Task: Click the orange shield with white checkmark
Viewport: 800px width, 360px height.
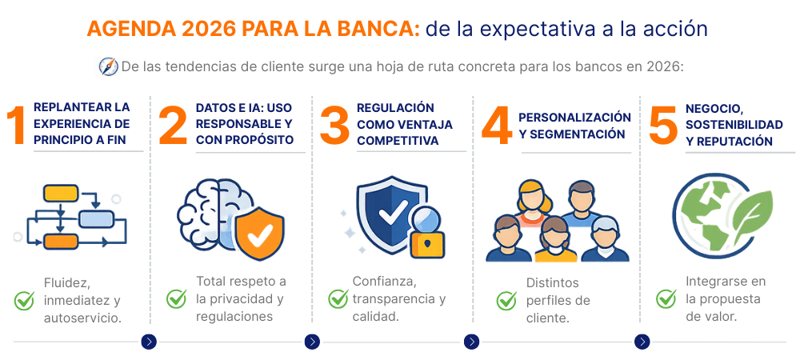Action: (x=256, y=233)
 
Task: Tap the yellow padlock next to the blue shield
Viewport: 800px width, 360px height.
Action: (x=427, y=242)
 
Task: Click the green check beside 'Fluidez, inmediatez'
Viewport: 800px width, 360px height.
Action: (x=24, y=300)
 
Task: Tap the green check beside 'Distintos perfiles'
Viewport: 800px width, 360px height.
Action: (x=506, y=300)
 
